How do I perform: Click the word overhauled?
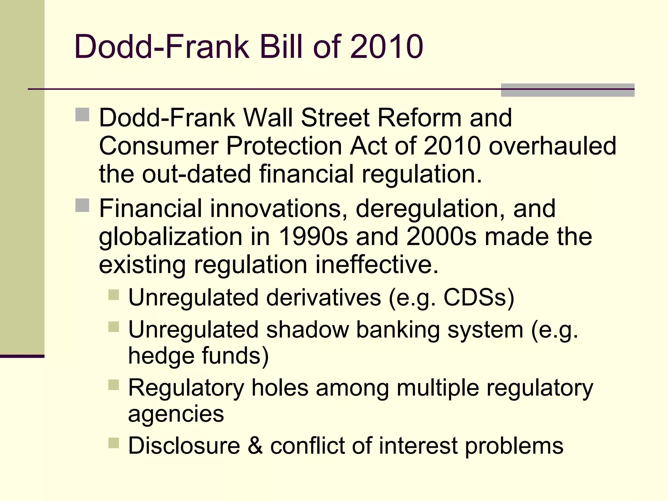(x=553, y=146)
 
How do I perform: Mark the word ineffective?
(x=377, y=265)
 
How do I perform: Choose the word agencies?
(x=176, y=414)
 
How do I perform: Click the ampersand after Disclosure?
(x=255, y=446)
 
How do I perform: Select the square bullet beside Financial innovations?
(x=82, y=205)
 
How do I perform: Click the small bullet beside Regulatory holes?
(x=114, y=385)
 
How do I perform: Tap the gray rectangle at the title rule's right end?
(x=568, y=90)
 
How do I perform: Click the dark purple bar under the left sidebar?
(x=22, y=356)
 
